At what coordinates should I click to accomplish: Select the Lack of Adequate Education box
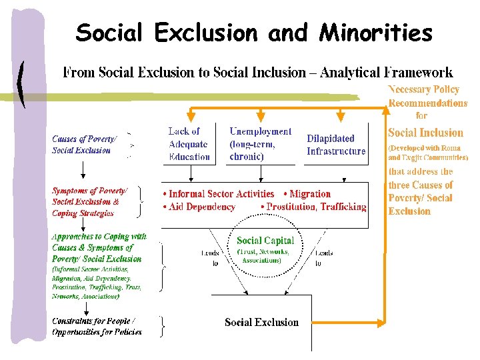point(189,144)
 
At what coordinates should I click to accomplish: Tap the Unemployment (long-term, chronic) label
point(260,144)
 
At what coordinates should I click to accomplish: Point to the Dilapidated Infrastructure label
point(336,145)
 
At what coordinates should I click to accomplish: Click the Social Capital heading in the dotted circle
point(265,241)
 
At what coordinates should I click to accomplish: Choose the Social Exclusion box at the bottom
point(261,322)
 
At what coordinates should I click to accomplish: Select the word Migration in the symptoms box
point(311,194)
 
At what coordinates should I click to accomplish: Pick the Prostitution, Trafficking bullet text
point(317,207)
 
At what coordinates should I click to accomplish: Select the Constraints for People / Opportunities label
point(97,326)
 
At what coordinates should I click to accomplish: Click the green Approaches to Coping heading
point(99,236)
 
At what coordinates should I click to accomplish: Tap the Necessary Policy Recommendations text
point(427,96)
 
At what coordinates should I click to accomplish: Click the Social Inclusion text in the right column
point(425,133)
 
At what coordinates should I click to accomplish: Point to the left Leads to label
point(209,258)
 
